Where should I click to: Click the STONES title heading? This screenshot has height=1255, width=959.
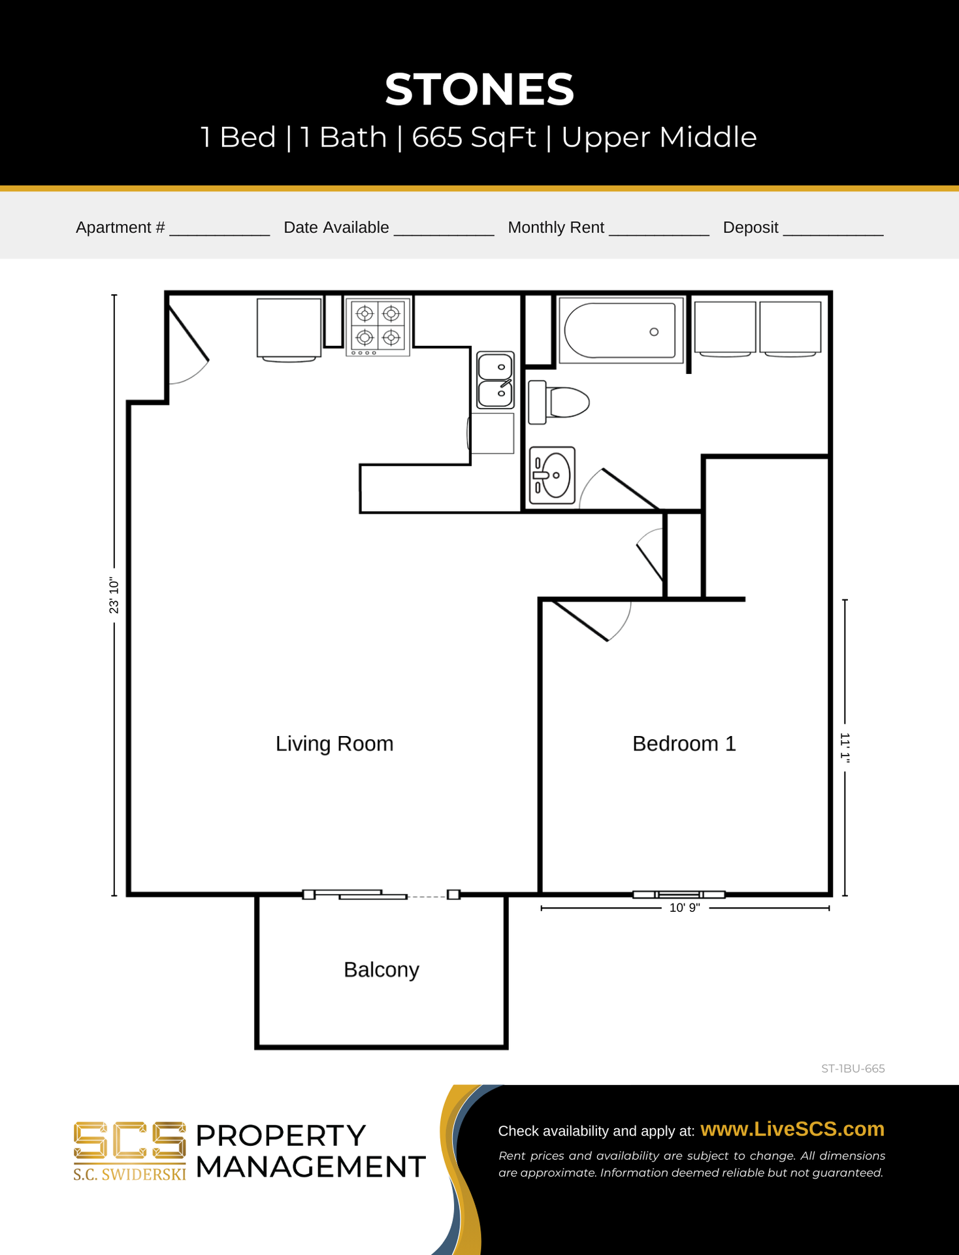pos(479,90)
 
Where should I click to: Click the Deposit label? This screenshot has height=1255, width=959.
pos(750,227)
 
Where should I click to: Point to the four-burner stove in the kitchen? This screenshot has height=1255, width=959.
pos(378,326)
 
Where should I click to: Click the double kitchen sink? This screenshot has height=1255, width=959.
pos(495,380)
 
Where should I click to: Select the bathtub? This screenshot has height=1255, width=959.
pos(620,331)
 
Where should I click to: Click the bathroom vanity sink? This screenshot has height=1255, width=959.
pos(552,475)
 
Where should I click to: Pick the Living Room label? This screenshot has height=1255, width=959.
pos(334,744)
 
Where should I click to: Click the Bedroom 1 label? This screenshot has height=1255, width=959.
pos(683,744)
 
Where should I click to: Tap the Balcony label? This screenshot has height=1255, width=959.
pos(381,969)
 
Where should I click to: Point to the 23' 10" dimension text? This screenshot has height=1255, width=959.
pos(114,595)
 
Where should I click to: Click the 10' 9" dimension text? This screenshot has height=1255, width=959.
pos(684,908)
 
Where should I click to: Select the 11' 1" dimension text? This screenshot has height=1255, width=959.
pos(844,748)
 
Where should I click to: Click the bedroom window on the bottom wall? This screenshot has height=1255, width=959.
pos(679,894)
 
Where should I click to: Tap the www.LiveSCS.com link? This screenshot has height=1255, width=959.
pos(792,1129)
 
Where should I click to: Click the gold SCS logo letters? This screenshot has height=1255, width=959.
pos(129,1141)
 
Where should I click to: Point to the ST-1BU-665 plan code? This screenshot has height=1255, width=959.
pos(853,1069)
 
